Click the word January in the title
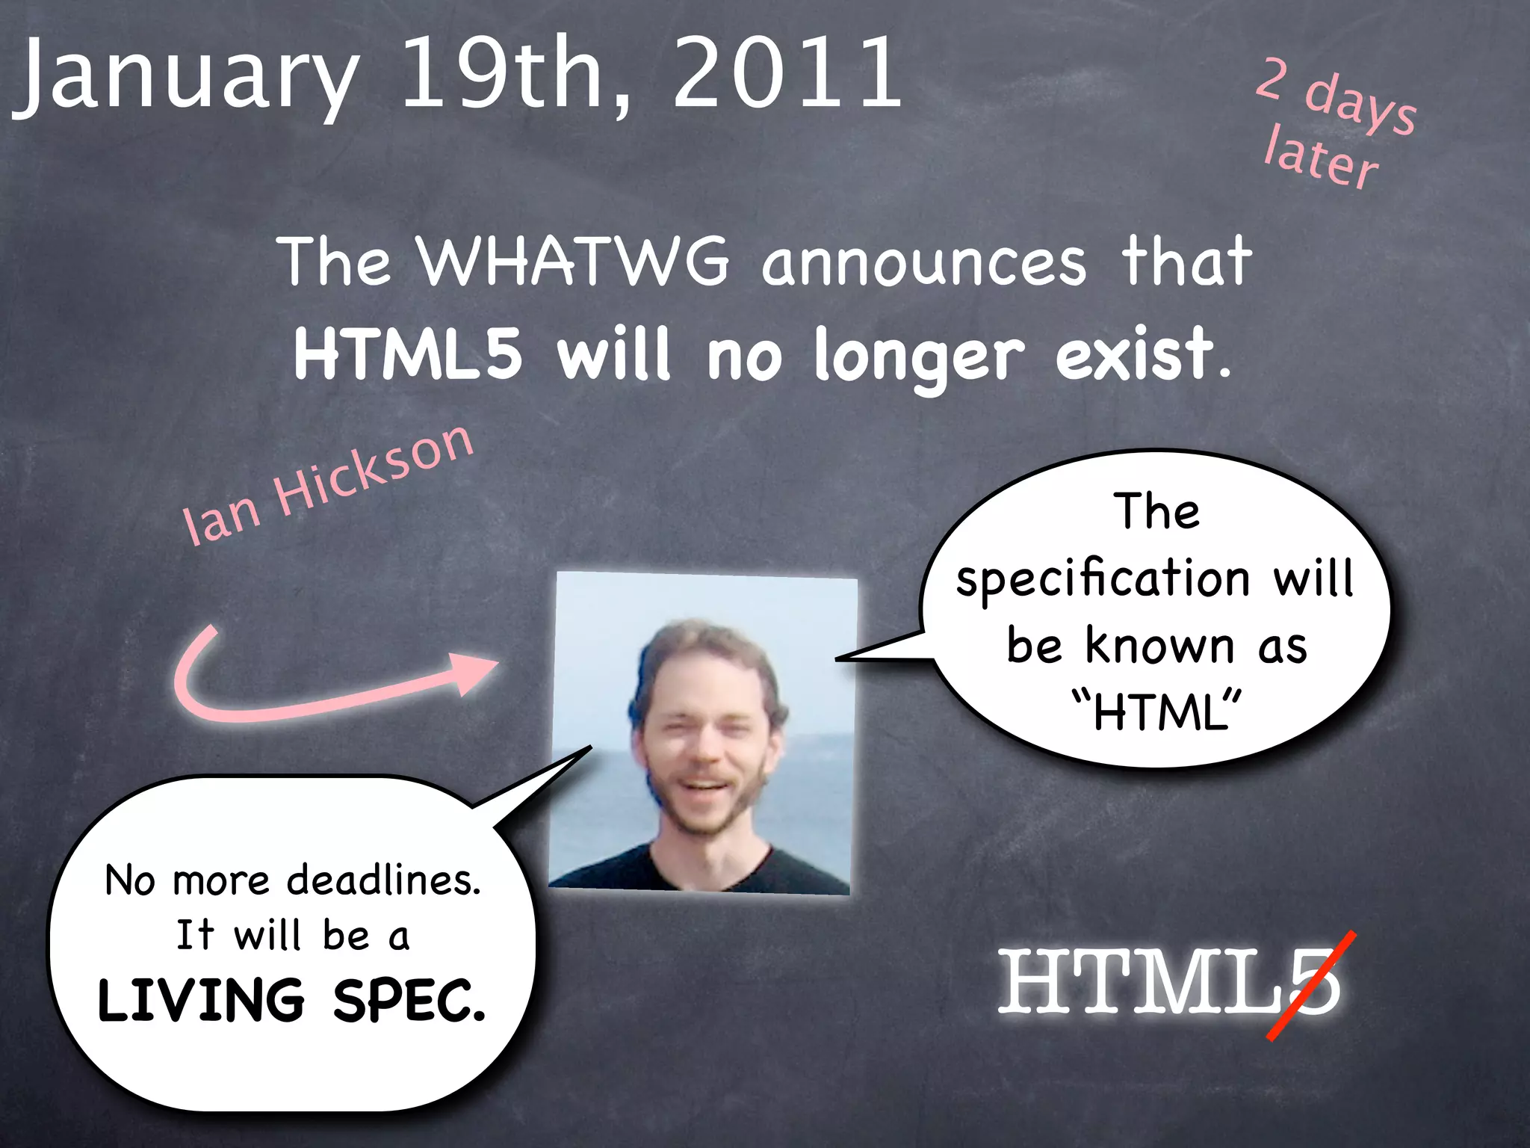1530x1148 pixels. pos(187,75)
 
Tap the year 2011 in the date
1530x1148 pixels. pos(788,73)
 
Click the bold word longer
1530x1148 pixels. pos(919,357)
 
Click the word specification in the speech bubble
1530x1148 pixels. pos(1103,579)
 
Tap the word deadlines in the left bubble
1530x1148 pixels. pos(384,880)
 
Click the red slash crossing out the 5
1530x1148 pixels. pos(1312,985)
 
